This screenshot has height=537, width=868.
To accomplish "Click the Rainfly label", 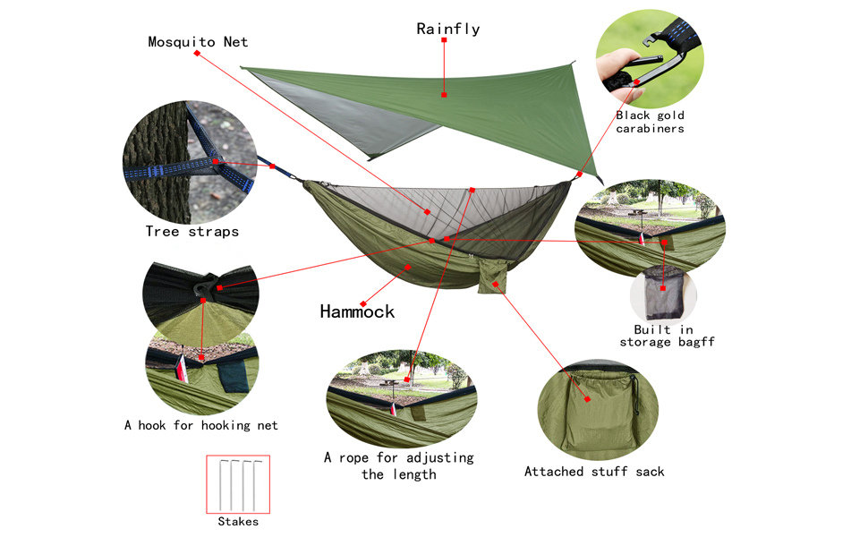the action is click(x=447, y=29).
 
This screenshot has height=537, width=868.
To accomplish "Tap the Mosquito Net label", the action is click(x=198, y=42).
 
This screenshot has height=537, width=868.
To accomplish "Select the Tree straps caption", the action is click(x=192, y=232).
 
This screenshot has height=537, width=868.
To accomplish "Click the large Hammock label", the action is click(x=357, y=311).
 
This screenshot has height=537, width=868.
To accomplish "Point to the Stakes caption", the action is click(x=238, y=522).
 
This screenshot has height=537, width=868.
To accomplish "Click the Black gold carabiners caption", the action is click(x=650, y=122).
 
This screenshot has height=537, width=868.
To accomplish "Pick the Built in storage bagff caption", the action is click(x=667, y=336).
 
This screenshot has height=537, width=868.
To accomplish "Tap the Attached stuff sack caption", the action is click(x=594, y=472).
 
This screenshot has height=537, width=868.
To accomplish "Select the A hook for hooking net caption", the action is click(x=201, y=425).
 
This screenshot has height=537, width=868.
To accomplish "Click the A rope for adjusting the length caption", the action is click(x=399, y=465).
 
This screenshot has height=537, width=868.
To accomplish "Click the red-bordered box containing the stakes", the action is click(x=238, y=484).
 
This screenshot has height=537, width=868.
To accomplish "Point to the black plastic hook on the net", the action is click(x=206, y=286).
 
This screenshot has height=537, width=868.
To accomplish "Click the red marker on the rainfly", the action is click(x=444, y=95).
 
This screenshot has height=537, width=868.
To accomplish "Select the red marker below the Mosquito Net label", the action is click(x=197, y=53).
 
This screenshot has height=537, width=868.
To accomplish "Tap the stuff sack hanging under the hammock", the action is click(x=493, y=277).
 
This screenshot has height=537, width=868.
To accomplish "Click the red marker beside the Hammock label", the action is click(x=363, y=304).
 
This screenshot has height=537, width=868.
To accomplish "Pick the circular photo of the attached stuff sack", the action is click(x=598, y=410).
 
